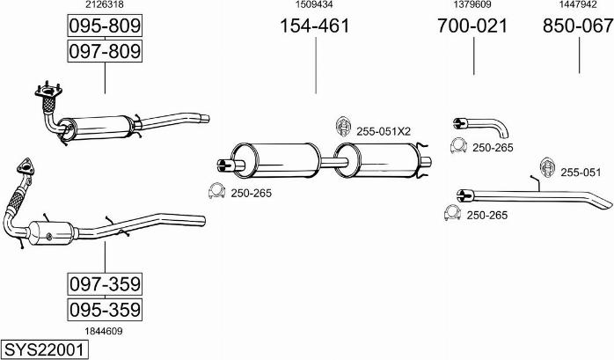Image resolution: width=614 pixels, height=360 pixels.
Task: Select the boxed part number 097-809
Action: click(105, 52)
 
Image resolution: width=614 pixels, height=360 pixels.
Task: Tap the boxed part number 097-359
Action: click(105, 284)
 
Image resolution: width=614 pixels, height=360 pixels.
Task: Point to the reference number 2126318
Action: click(104, 5)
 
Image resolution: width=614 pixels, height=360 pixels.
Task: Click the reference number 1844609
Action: click(104, 331)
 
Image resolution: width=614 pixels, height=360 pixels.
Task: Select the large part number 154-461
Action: click(314, 26)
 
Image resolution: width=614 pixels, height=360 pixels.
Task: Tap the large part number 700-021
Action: click(472, 26)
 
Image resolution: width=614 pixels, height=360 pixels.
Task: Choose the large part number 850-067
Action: click(578, 26)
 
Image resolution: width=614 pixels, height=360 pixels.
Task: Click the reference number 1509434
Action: click(314, 5)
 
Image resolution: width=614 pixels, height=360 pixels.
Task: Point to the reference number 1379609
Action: click(472, 5)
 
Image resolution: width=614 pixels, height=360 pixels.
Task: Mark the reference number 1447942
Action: click(578, 5)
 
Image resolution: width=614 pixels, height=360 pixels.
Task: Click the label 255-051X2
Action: click(384, 131)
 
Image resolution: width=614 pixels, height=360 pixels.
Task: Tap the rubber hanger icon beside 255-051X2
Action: click(343, 128)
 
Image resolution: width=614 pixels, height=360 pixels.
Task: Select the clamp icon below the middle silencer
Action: click(216, 190)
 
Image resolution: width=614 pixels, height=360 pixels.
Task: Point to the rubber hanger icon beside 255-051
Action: click(545, 166)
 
